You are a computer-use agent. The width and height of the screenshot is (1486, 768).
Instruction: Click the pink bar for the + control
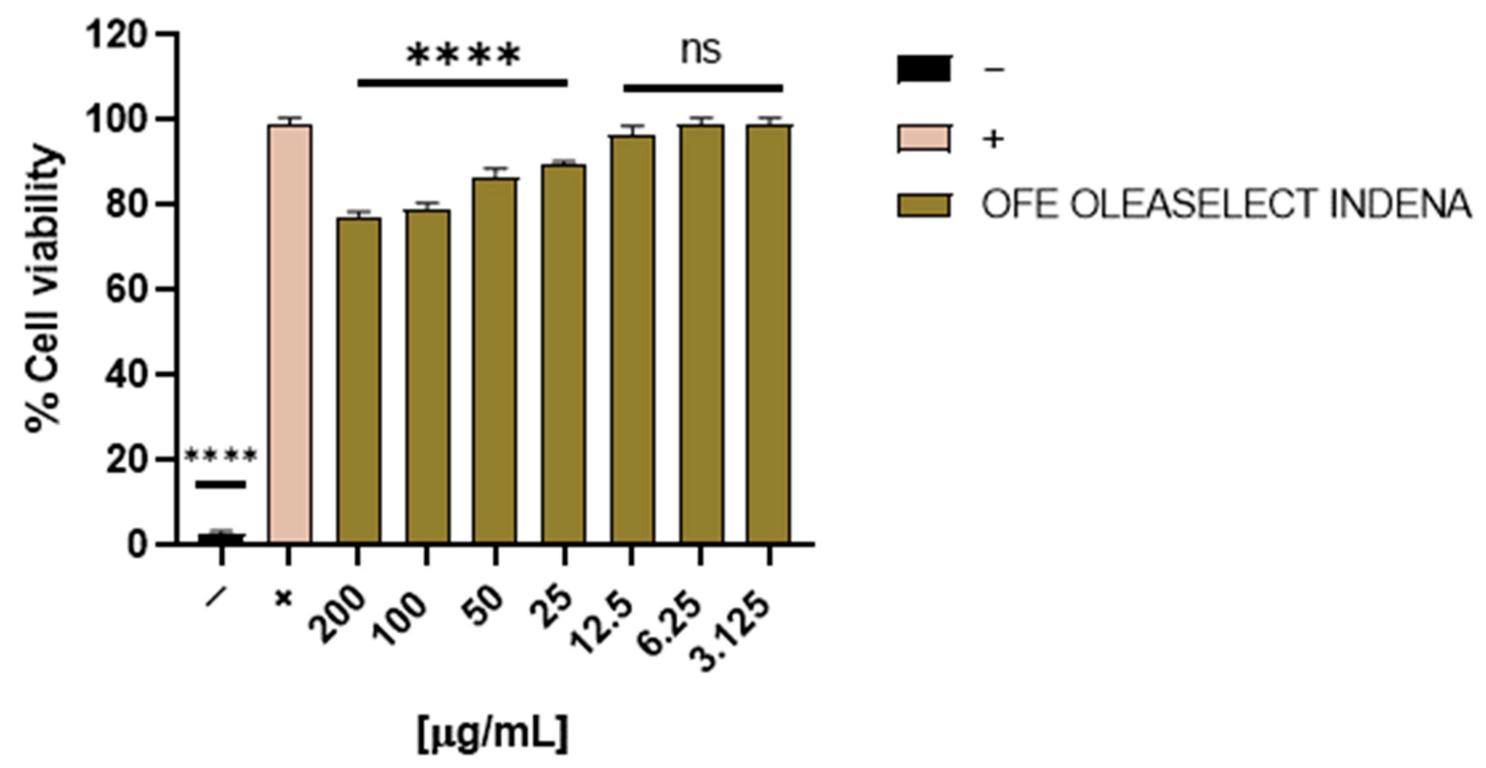[290, 334]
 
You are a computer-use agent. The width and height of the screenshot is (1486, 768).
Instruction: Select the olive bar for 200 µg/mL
[358, 381]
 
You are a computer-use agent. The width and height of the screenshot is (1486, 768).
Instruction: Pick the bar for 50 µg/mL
[495, 360]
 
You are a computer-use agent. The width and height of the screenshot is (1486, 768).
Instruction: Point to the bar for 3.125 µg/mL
[769, 334]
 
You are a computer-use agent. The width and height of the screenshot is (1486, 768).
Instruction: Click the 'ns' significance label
[701, 51]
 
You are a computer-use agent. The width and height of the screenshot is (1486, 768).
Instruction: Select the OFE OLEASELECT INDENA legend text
[1226, 205]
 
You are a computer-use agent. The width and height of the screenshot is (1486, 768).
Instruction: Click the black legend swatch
[923, 69]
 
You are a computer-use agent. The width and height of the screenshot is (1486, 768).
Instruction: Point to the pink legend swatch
[923, 138]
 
